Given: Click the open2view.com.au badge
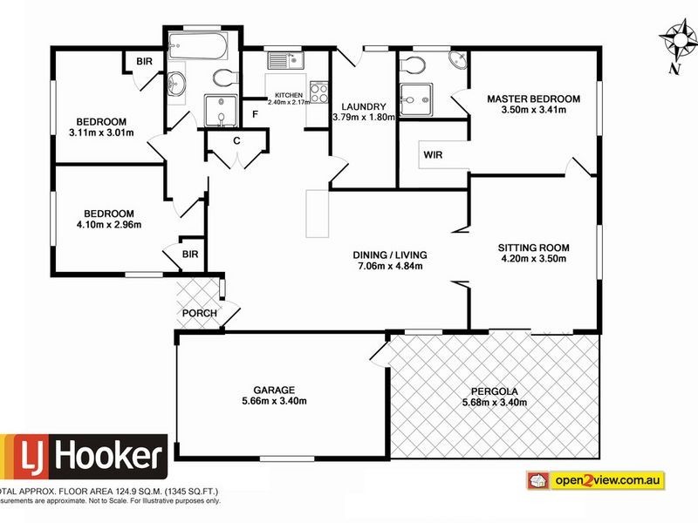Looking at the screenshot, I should click(x=596, y=479).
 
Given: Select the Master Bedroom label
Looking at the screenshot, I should click(x=533, y=98).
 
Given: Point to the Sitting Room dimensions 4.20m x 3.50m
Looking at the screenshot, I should click(x=532, y=258).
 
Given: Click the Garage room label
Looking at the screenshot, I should click(x=275, y=390).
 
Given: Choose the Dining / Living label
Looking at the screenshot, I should click(x=390, y=255).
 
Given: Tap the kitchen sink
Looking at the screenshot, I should click(x=285, y=60).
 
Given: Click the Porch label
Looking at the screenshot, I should click(x=199, y=314).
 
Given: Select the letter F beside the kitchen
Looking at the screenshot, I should click(x=256, y=114).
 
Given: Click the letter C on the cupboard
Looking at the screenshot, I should click(x=236, y=141).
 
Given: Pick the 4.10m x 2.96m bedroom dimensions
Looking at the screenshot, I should click(x=109, y=225).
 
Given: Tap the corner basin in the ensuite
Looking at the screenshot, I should click(x=456, y=61).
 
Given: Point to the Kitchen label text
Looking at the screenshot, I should click(x=288, y=94).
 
